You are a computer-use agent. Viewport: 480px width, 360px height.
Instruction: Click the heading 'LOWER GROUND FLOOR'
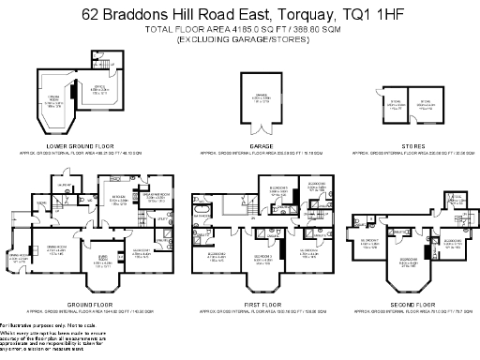coord(73,146)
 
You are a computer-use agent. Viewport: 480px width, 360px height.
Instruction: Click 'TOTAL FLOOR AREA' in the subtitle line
coord(178,30)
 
